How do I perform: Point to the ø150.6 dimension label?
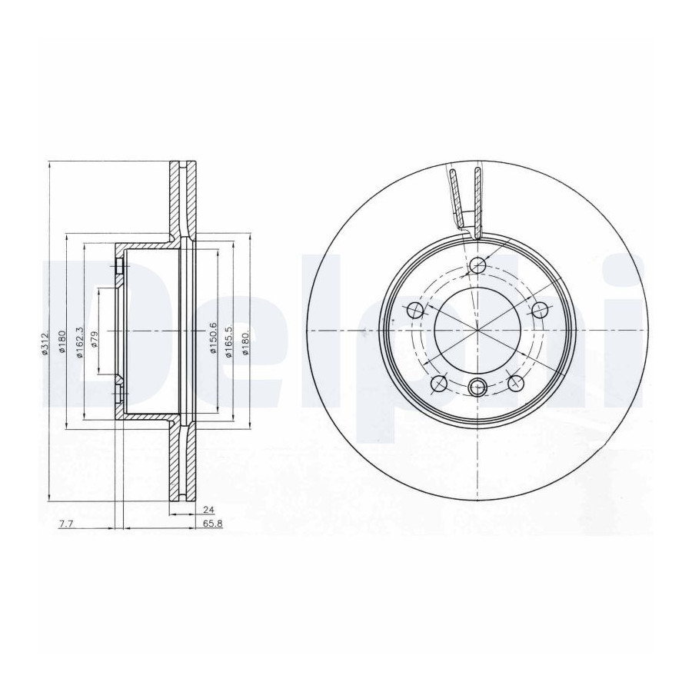[213, 338]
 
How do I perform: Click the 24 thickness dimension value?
[208, 510]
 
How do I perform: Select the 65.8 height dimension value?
[214, 524]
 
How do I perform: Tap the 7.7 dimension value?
[66, 524]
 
